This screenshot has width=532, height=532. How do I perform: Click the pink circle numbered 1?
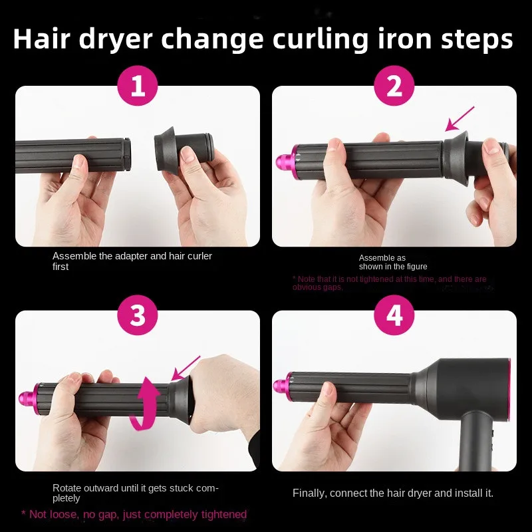coord(137,86)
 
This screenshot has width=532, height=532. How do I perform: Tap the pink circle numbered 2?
coord(394,86)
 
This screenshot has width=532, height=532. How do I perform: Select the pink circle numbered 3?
coord(137,315)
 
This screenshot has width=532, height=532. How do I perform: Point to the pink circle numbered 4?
coord(394,315)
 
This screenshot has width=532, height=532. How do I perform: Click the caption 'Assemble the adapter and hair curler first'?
coord(132,261)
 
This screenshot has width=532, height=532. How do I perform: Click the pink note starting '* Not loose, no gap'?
coord(134,514)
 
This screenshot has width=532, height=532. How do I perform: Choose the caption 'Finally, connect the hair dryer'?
coord(392,493)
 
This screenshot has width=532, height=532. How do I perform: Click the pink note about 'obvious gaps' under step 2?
coord(389,283)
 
